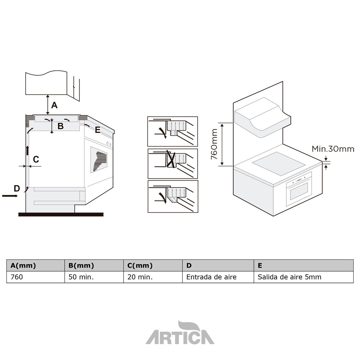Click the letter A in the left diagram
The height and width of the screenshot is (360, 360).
point(54,105)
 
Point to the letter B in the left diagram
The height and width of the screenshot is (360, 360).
point(60,126)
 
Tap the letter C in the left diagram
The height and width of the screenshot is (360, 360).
point(36,159)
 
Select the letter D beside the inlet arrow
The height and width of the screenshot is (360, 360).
point(17,189)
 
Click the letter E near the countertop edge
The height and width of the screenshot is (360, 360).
point(98,130)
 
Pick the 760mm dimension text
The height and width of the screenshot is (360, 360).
point(214,144)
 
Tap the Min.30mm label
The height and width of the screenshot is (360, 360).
point(333,149)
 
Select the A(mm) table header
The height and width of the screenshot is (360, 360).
point(23,266)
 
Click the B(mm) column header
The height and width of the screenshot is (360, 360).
point(81,266)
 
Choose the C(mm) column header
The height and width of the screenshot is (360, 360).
point(140,266)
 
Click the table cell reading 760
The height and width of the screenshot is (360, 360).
point(17,277)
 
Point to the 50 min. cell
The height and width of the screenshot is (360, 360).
point(80,277)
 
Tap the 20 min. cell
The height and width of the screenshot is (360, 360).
point(140,277)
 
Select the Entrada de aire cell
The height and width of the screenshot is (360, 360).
point(211,277)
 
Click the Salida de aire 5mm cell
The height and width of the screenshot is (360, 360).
point(289,277)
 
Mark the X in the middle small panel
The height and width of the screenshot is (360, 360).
point(171,159)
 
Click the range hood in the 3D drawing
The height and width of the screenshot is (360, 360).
point(262,118)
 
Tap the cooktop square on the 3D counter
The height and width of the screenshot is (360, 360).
point(279,163)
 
